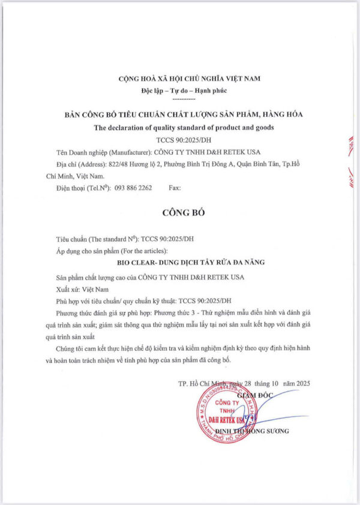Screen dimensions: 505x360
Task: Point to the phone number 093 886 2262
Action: click(x=129, y=188)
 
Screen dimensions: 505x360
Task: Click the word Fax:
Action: click(x=175, y=188)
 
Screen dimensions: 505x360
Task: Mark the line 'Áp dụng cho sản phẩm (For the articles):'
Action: click(x=111, y=250)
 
